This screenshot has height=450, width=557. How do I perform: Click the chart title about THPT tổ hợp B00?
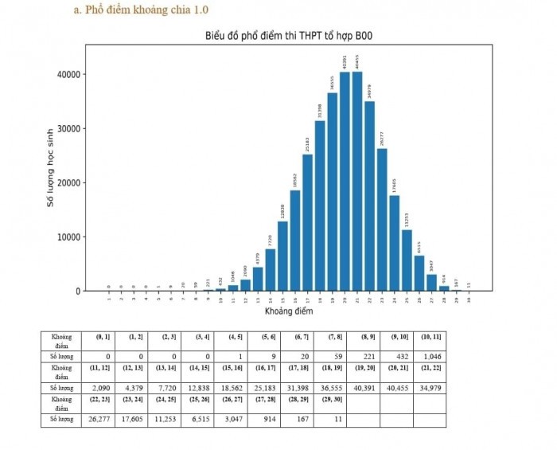[289, 36]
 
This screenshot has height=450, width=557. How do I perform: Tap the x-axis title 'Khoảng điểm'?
[289, 311]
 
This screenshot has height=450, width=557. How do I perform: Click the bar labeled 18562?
[294, 241]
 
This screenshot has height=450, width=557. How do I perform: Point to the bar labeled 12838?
[282, 256]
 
